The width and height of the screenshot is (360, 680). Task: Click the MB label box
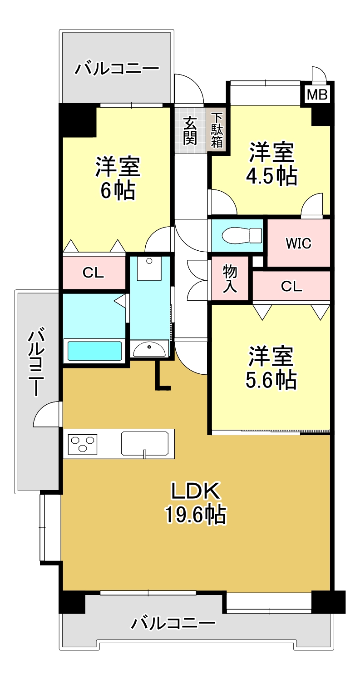click(x=317, y=95)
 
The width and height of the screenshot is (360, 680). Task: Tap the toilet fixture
click(x=242, y=235)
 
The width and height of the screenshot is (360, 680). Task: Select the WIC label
click(x=298, y=243)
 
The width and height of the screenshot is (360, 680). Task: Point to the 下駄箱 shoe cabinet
click(x=217, y=130)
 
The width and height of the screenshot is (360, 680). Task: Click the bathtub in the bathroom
click(x=94, y=351)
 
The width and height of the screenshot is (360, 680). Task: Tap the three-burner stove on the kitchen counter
click(x=83, y=444)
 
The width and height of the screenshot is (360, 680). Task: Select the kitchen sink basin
click(x=145, y=443)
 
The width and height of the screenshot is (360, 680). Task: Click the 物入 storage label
click(x=230, y=279)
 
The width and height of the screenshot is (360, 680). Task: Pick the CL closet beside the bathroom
click(x=94, y=273)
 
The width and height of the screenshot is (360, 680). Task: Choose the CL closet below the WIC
click(x=291, y=286)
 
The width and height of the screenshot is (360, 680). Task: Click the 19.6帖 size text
click(x=196, y=514)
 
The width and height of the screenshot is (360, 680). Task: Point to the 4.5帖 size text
click(x=271, y=176)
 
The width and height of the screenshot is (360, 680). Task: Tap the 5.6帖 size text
click(x=271, y=380)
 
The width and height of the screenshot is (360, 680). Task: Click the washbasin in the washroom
click(x=150, y=349)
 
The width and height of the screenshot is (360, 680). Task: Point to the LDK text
click(x=196, y=491)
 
